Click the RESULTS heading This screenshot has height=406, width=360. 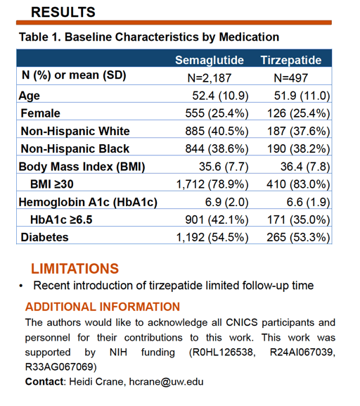pyautogui.click(x=63, y=12)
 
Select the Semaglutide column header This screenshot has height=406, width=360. pyautogui.click(x=210, y=61)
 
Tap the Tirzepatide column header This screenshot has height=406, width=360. pyautogui.click(x=291, y=60)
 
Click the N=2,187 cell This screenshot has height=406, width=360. pyautogui.click(x=209, y=78)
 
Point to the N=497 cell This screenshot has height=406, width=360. pyautogui.click(x=290, y=78)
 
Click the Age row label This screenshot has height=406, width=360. pyautogui.click(x=30, y=96)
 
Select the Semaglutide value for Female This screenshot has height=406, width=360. pyautogui.click(x=217, y=113)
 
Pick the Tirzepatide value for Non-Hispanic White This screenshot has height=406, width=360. pyautogui.click(x=298, y=131)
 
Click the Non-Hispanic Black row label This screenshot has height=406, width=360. pyautogui.click(x=75, y=149)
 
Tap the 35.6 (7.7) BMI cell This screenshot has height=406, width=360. pyautogui.click(x=224, y=167)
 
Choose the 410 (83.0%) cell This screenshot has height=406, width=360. pyautogui.click(x=298, y=184)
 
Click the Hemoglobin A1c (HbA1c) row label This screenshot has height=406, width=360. pyautogui.click(x=88, y=202)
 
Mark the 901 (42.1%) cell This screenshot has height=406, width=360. pyautogui.click(x=217, y=220)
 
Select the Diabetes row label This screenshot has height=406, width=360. pyautogui.click(x=44, y=237)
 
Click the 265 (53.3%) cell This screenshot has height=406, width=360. pyautogui.click(x=298, y=237)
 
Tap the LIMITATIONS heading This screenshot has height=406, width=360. pyautogui.click(x=75, y=269)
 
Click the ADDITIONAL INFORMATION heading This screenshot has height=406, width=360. pyautogui.click(x=103, y=307)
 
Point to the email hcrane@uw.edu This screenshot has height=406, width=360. pyautogui.click(x=166, y=382)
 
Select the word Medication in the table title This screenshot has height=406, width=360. pyautogui.click(x=249, y=37)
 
